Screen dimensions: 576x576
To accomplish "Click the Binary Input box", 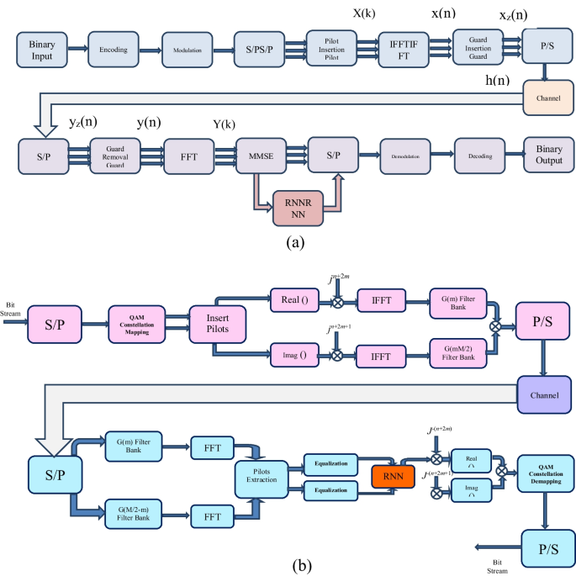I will pyautogui.click(x=41, y=49).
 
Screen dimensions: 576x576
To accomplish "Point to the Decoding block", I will pyautogui.click(x=478, y=156).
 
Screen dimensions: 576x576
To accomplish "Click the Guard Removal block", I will pyautogui.click(x=114, y=156).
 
